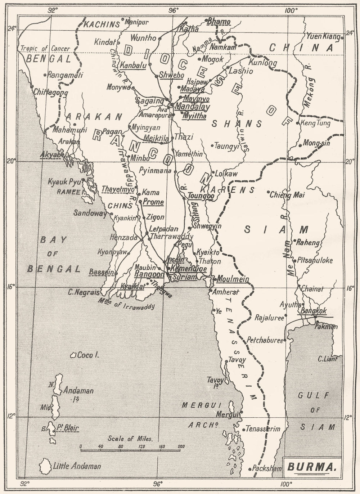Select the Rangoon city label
pyautogui.click(x=149, y=274)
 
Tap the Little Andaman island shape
pyautogui.click(x=46, y=467)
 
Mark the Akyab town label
pyautogui.click(x=50, y=154)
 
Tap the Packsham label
pyautogui.click(x=267, y=468)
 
